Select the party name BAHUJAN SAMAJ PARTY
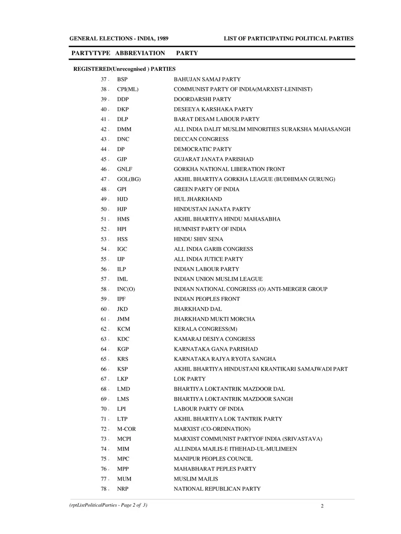[x=207, y=79]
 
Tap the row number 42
[x=104, y=129]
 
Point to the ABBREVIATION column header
[x=140, y=53]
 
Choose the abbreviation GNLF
[x=125, y=169]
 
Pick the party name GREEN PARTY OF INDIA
[x=206, y=189]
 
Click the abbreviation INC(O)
[x=126, y=289]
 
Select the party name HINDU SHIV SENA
[x=199, y=239]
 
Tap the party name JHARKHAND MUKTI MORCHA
[x=214, y=319]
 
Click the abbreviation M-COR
[x=127, y=429]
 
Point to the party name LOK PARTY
[x=190, y=379]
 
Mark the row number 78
[x=104, y=489]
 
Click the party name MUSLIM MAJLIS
[x=196, y=479]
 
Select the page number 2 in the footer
[x=322, y=506]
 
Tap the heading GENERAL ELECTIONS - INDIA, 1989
[x=119, y=39]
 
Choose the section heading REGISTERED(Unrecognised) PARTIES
[x=124, y=69]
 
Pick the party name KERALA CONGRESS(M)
[x=205, y=329]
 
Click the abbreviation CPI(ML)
[x=128, y=89]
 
